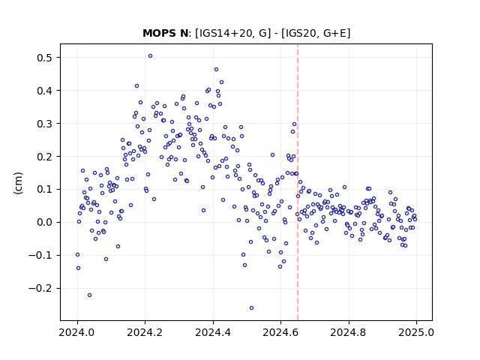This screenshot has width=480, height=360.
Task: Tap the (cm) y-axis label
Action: point(18,183)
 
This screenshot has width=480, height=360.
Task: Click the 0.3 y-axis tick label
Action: point(46,123)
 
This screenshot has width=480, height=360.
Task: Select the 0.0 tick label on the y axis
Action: point(46,222)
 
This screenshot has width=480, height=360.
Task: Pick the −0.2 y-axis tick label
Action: point(42,288)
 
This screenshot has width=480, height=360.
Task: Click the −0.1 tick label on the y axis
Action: point(42,255)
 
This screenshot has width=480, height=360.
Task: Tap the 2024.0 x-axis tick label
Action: point(77,332)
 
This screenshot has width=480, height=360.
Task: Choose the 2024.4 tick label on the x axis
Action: point(213,332)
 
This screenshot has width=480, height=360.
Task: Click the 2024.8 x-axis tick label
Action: point(348,332)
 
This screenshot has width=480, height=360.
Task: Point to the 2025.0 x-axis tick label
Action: point(416,332)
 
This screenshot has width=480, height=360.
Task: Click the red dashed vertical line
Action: point(298,182)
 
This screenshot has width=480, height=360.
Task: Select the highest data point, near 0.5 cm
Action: point(150,56)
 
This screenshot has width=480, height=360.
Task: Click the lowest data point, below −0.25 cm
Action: point(252,308)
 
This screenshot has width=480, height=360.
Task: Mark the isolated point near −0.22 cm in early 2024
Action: point(90,295)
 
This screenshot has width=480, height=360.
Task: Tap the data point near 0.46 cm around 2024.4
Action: point(217,70)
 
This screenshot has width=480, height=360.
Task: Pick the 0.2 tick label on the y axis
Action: point(46,157)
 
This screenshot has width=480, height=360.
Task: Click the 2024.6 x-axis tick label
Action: point(280,332)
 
